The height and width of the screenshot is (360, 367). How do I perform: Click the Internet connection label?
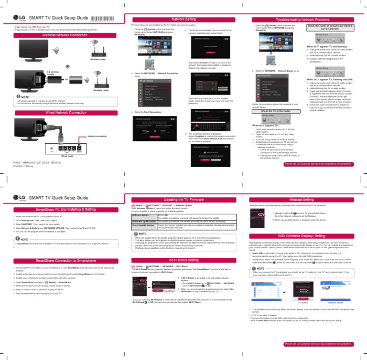(97, 137)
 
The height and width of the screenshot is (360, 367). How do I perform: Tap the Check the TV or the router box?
(276, 110)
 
